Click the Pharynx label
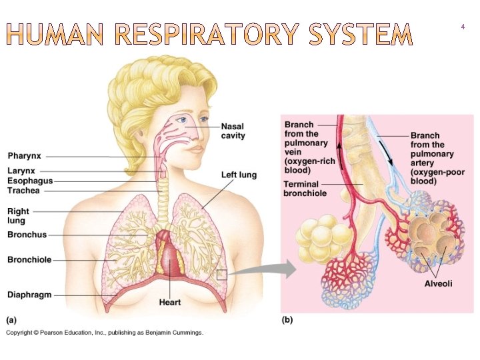24,156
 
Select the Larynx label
21,171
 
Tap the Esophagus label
30,181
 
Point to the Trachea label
23,191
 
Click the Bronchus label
27,235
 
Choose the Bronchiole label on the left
29,259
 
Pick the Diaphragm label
29,295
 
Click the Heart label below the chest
170,303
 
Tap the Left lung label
239,175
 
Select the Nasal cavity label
233,131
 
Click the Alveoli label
438,284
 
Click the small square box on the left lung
222,274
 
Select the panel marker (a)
12,320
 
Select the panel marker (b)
287,320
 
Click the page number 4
463,27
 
